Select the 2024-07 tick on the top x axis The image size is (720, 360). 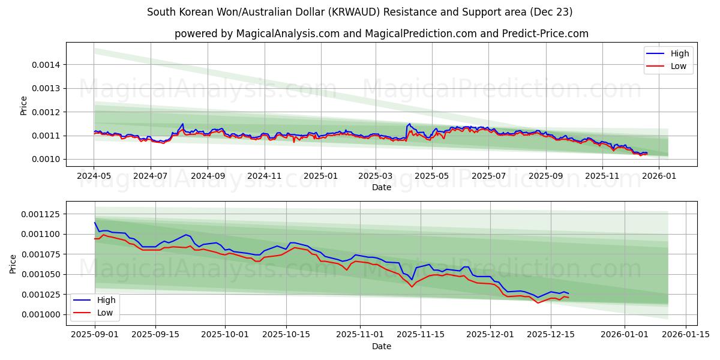[150, 176]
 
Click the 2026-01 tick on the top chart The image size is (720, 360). [660, 176]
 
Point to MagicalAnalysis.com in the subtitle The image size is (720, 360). [282, 34]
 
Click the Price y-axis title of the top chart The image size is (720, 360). [24, 106]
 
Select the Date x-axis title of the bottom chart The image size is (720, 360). [382, 346]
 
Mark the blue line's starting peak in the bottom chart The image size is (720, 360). [95, 223]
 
